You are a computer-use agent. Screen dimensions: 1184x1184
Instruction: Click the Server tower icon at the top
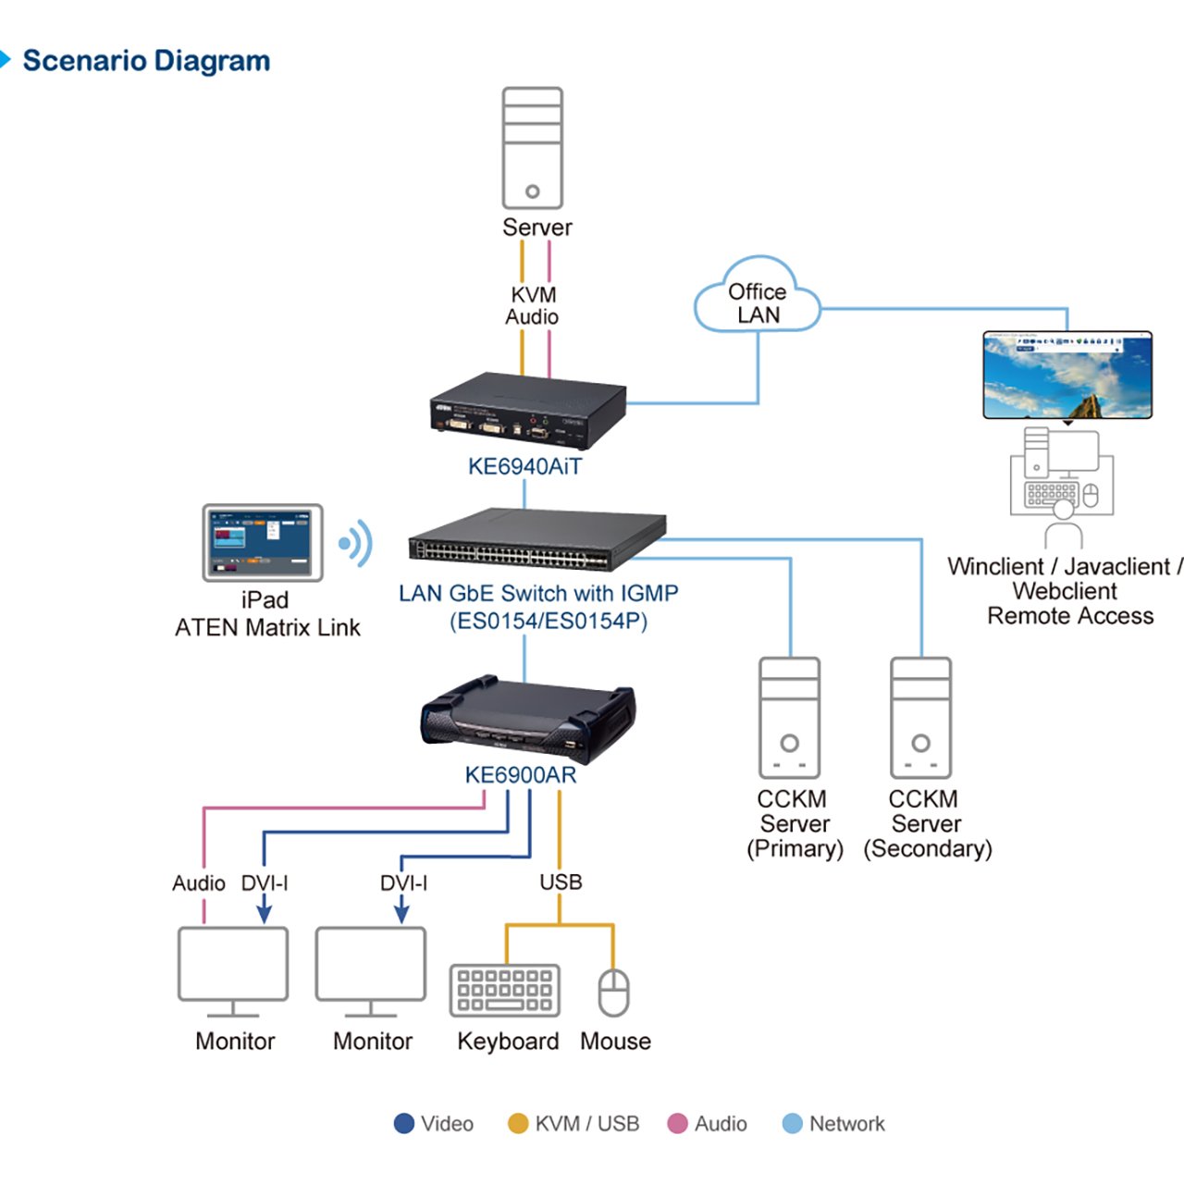[x=532, y=148]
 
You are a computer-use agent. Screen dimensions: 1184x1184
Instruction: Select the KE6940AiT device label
[x=524, y=466]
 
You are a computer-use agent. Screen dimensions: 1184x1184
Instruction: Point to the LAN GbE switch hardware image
[x=537, y=540]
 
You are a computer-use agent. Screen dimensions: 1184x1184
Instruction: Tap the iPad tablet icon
[x=263, y=543]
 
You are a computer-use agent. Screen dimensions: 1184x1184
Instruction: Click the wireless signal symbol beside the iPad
[x=357, y=543]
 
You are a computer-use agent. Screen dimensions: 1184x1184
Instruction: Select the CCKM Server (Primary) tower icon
[x=789, y=718]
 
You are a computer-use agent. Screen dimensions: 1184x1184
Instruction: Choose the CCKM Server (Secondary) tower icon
[x=920, y=718]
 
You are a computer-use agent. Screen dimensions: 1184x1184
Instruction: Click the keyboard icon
[x=505, y=990]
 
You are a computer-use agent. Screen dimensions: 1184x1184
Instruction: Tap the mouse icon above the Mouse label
[x=613, y=993]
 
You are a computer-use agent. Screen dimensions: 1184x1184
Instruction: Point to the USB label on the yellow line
[x=561, y=882]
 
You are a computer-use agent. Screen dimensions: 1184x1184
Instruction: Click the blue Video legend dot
[x=404, y=1124]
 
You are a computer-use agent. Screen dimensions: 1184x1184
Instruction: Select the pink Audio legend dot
[x=678, y=1124]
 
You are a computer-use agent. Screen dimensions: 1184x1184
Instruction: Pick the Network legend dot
[x=793, y=1124]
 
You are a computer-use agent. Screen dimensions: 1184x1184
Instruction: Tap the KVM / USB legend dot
[x=518, y=1124]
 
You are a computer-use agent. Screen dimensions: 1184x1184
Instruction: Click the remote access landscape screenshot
[x=1067, y=376]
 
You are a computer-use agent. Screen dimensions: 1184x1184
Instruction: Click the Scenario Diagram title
[x=146, y=61]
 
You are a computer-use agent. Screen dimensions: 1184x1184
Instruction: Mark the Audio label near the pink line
[x=199, y=883]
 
